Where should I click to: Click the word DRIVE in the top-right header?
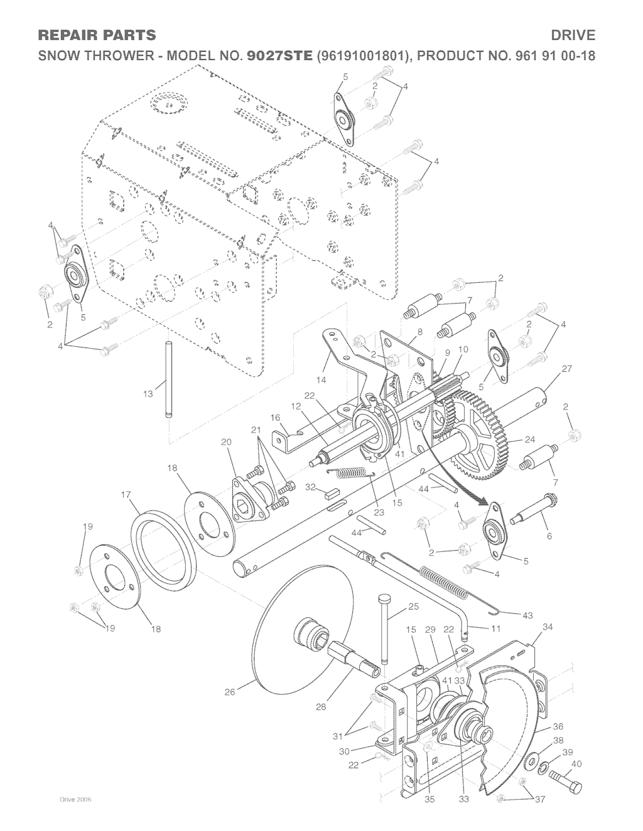(x=573, y=36)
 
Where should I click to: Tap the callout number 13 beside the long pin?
(x=148, y=393)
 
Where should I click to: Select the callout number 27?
(x=566, y=369)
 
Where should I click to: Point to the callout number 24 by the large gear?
(x=530, y=440)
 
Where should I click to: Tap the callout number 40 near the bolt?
(x=576, y=764)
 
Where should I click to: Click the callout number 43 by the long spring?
(x=527, y=615)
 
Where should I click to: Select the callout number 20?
(x=226, y=442)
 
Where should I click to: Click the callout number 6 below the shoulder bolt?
(x=549, y=536)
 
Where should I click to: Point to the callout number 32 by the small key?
(x=311, y=487)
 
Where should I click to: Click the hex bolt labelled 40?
(x=565, y=780)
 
